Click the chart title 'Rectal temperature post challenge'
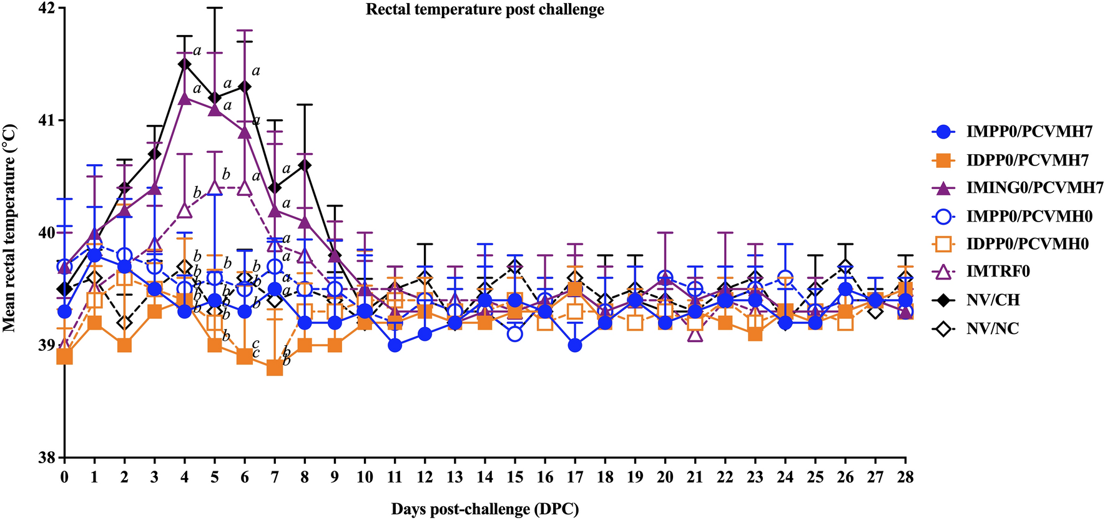pos(484,10)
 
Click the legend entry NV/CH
pos(993,300)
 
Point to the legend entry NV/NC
pos(992,328)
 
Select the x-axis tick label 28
pos(905,478)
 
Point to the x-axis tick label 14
pos(484,478)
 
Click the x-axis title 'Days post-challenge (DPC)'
pos(484,509)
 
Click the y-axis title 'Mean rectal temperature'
pos(9,228)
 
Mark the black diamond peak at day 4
pos(184,64)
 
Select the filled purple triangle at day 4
pos(184,98)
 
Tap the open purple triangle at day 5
pos(214,187)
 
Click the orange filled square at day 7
pos(275,368)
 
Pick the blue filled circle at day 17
pos(575,345)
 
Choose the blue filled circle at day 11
pos(395,345)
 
